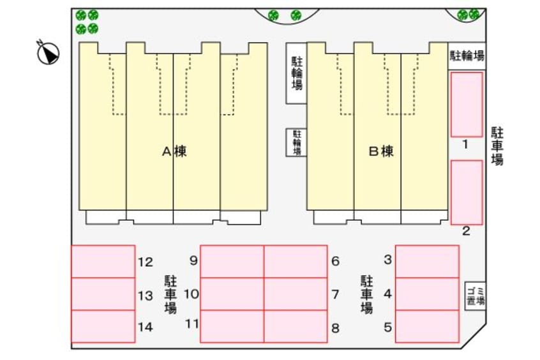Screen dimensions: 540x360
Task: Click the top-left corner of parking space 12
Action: [71, 246]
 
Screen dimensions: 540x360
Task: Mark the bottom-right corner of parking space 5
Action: [459, 342]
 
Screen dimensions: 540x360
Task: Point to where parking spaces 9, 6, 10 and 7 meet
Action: [264, 278]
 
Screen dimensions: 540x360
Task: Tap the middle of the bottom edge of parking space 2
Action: [467, 225]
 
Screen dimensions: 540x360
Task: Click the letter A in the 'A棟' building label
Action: [167, 151]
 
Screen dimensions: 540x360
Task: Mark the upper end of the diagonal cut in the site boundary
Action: [486, 324]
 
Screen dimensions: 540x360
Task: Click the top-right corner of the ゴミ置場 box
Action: [485, 283]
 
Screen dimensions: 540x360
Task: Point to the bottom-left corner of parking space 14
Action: [71, 342]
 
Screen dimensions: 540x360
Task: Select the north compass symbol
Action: [49, 52]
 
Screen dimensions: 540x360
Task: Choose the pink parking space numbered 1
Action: [467, 105]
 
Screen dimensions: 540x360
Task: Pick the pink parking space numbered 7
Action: [296, 294]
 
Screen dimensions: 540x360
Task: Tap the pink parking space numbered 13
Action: [103, 294]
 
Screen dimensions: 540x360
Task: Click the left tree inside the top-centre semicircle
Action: [273, 15]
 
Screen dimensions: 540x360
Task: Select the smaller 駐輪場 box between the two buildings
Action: [296, 142]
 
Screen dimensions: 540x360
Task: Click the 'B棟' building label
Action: [381, 151]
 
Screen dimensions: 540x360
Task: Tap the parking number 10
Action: [191, 294]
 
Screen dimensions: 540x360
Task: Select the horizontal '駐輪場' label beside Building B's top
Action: [467, 56]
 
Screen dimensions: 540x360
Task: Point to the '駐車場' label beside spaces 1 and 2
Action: [497, 146]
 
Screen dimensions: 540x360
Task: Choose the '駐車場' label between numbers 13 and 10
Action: [170, 294]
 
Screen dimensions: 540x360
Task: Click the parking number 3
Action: [388, 259]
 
